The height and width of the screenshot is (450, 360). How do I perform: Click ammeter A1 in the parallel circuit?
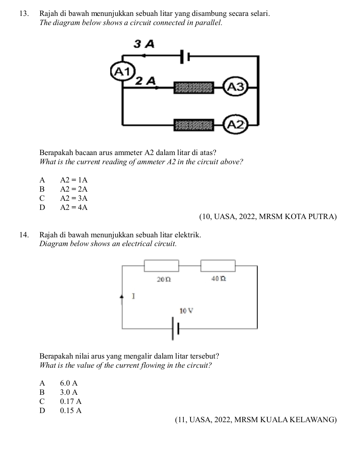pyautogui.click(x=123, y=72)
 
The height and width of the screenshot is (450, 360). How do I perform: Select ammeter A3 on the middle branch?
pyautogui.click(x=236, y=86)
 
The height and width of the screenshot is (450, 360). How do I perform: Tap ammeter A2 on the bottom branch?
pyautogui.click(x=236, y=124)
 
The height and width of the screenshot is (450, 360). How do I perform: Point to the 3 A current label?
pyautogui.click(x=144, y=44)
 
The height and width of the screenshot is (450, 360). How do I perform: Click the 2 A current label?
pyautogui.click(x=146, y=81)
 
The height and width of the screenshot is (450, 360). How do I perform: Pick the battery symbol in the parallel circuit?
pyautogui.click(x=185, y=57)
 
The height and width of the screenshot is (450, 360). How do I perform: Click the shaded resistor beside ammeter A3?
pyautogui.click(x=194, y=87)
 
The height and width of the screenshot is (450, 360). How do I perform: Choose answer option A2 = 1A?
pyautogui.click(x=74, y=180)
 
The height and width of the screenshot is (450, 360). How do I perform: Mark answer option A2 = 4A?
pyautogui.click(x=74, y=207)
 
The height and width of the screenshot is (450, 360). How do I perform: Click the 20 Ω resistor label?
pyautogui.click(x=164, y=279)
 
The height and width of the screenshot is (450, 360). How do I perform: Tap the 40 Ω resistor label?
pyautogui.click(x=219, y=278)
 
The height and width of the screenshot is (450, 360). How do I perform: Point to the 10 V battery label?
pyautogui.click(x=186, y=310)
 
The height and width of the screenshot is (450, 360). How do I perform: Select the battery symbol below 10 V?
pyautogui.click(x=175, y=328)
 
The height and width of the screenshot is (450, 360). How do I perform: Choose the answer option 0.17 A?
pyautogui.click(x=71, y=401)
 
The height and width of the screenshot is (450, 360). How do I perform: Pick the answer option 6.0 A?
pyautogui.click(x=69, y=383)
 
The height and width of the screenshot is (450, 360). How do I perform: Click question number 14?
pyautogui.click(x=24, y=235)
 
